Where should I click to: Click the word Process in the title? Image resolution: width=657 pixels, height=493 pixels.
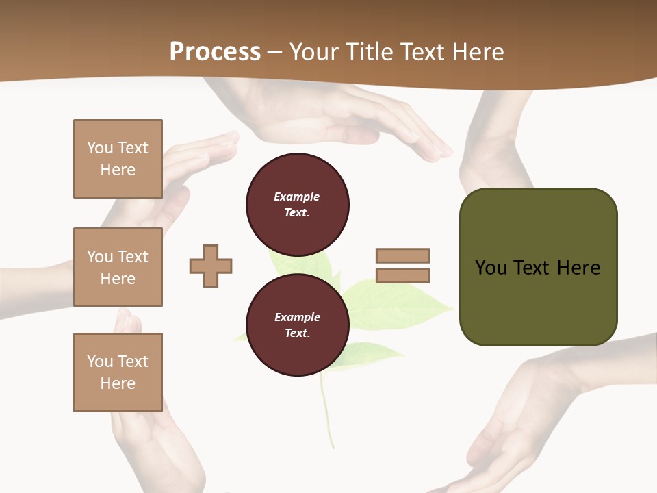tap(215, 52)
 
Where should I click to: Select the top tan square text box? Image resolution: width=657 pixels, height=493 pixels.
tap(118, 159)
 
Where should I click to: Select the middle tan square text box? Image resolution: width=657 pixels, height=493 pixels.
tap(118, 267)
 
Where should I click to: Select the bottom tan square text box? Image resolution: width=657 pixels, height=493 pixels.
tap(118, 372)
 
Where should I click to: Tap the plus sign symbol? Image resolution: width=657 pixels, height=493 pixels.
tap(211, 266)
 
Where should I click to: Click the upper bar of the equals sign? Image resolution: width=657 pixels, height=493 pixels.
tap(402, 255)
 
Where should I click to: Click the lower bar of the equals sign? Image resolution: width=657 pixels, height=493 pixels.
tap(402, 276)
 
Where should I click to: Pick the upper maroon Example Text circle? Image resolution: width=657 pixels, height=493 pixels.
tap(297, 204)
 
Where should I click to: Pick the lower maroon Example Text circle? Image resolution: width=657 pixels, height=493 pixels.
tap(297, 325)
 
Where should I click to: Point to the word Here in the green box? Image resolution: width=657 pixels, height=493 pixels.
tap(578, 268)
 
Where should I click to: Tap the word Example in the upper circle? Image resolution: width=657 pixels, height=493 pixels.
tap(296, 197)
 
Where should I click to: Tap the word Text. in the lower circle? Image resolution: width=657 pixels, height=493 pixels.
tap(297, 333)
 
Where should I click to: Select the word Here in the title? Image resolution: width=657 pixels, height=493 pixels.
tap(478, 52)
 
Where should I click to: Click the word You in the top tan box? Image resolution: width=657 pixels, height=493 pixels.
tap(99, 148)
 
